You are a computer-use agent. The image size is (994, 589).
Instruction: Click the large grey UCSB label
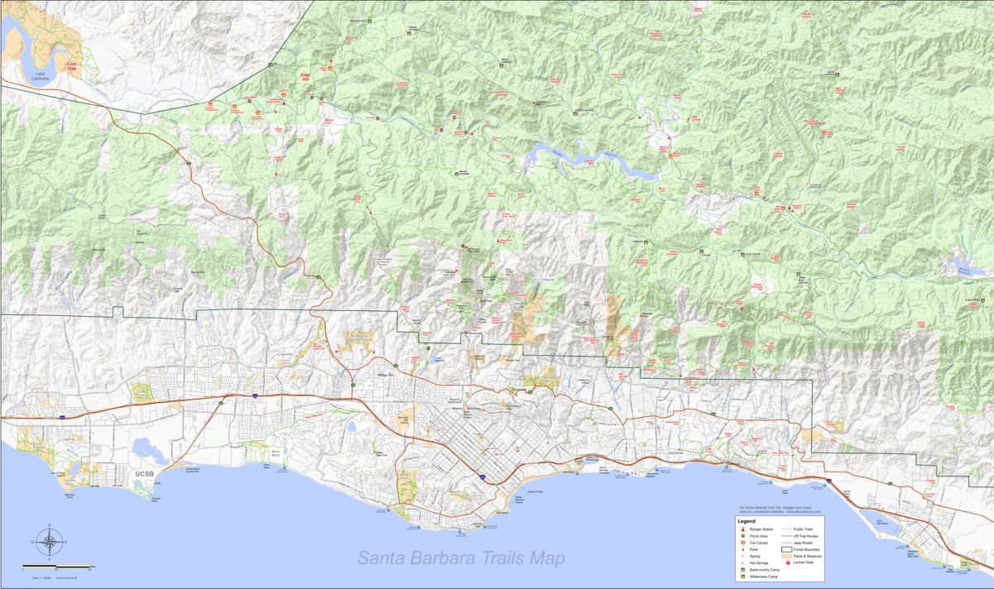[x=144, y=475]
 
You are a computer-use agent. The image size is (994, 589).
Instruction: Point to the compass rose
[x=49, y=544]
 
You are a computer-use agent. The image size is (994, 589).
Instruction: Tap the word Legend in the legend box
[x=747, y=521]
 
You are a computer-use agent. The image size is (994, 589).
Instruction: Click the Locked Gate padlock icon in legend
[x=788, y=563]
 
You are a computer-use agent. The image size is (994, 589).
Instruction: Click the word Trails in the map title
[x=507, y=558]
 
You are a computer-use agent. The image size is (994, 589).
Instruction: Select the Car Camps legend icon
[x=743, y=543]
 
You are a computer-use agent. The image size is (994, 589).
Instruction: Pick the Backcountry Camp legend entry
[x=764, y=570]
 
